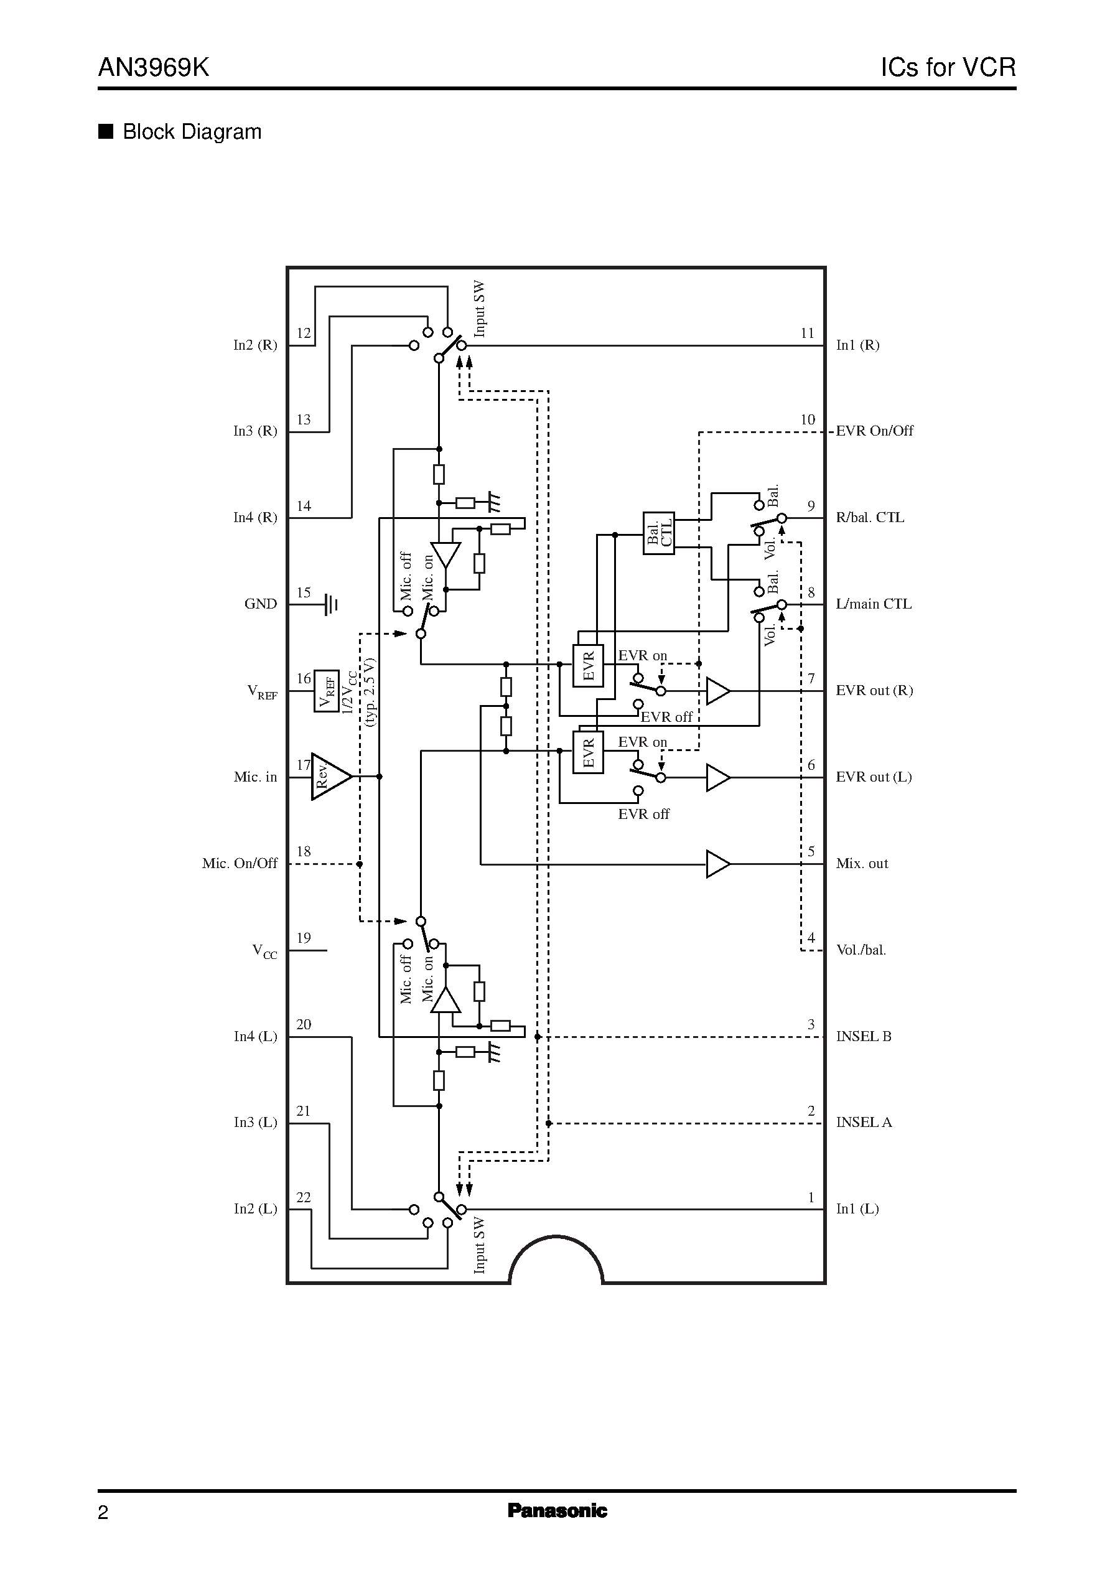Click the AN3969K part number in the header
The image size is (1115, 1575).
[x=154, y=67]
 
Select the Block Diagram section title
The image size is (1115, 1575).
[x=192, y=132]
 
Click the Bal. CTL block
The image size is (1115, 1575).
[x=658, y=533]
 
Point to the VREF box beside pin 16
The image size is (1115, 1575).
[x=327, y=691]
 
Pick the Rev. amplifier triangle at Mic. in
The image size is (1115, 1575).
[x=330, y=777]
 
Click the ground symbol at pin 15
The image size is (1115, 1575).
[x=331, y=604]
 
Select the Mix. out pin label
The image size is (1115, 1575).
[x=862, y=864]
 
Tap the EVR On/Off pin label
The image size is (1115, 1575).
[x=874, y=431]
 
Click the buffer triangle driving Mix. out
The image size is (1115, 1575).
[x=717, y=864]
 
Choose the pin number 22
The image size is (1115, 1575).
[x=304, y=1197]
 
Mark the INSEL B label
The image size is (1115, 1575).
[x=864, y=1036]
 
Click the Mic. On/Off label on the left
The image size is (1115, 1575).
[x=240, y=864]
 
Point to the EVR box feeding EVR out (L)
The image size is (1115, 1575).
[x=588, y=752]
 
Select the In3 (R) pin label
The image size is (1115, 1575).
[x=254, y=431]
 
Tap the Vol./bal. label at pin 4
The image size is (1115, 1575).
[x=861, y=950]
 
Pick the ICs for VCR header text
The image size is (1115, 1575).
[x=948, y=67]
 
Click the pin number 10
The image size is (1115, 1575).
[x=808, y=419]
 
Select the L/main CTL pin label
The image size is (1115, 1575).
[x=874, y=604]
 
